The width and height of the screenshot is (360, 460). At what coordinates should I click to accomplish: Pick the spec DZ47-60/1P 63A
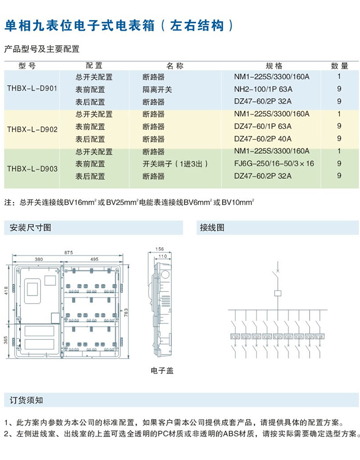click(263, 126)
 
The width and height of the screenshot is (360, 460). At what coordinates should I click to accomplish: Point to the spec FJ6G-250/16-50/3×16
click(274, 164)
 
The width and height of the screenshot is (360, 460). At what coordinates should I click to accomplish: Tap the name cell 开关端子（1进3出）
click(175, 164)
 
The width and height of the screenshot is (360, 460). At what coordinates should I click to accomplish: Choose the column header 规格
click(274, 66)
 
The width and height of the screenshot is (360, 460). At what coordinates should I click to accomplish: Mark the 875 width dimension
click(69, 252)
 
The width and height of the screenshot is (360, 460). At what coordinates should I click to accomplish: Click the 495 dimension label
click(93, 260)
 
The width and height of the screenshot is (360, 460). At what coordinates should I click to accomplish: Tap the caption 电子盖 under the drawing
click(162, 370)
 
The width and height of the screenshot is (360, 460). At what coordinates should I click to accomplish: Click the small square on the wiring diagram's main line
click(278, 293)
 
